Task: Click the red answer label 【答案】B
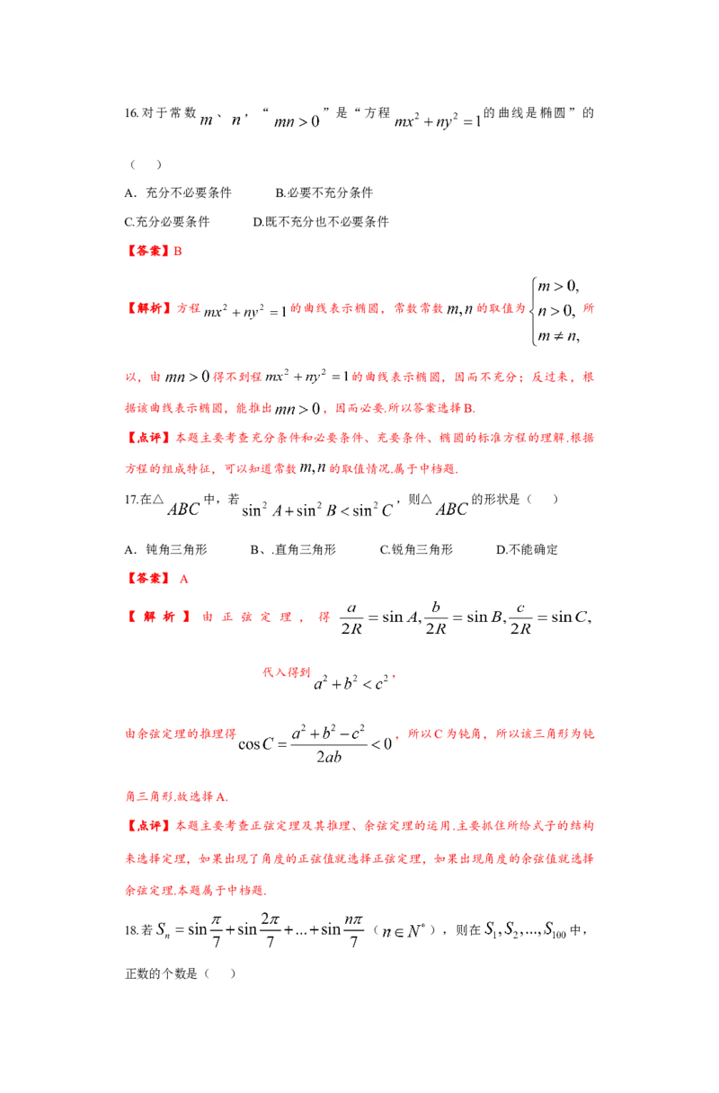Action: (153, 251)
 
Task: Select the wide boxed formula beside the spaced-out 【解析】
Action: (463, 618)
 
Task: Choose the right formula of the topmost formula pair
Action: (438, 120)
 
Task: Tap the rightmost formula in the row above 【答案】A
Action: (452, 510)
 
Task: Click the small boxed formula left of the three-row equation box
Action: (460, 310)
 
